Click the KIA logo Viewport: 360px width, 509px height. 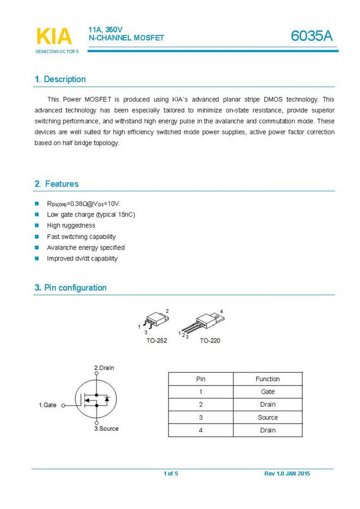click(x=54, y=36)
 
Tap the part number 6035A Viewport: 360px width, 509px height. click(x=311, y=36)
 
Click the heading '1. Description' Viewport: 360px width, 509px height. click(x=60, y=79)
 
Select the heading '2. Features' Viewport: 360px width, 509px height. click(x=57, y=184)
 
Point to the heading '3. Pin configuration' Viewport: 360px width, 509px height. click(x=71, y=288)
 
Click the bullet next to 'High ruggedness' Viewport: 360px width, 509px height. click(x=37, y=225)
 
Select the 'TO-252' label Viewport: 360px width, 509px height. click(x=156, y=340)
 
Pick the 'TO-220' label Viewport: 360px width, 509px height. click(x=210, y=340)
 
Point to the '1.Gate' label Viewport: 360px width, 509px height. click(x=48, y=405)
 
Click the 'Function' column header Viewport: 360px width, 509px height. click(x=268, y=379)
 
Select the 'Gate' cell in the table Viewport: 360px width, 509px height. click(x=268, y=392)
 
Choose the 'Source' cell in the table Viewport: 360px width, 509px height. click(x=268, y=418)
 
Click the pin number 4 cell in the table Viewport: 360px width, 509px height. click(x=201, y=430)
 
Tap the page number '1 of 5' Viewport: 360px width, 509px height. click(x=171, y=474)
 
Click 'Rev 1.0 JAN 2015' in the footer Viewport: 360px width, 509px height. click(x=287, y=474)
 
